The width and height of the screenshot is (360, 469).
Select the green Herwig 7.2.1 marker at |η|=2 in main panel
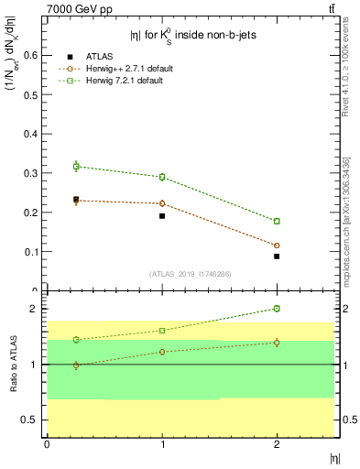[277, 221]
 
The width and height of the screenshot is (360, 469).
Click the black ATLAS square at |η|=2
[277, 256]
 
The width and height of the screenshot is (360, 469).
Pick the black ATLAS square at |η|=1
[162, 216]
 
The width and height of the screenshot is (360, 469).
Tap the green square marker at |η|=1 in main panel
[162, 177]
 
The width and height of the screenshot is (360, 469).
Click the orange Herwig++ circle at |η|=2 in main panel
[277, 245]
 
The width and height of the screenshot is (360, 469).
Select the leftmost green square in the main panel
[76, 166]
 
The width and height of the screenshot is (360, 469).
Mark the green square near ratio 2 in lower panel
[277, 309]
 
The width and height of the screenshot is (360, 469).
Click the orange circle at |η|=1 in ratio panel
[162, 352]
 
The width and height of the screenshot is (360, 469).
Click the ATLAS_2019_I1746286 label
[190, 274]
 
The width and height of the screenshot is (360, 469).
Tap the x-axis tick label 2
[277, 444]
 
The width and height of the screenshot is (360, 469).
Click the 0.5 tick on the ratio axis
[32, 420]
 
